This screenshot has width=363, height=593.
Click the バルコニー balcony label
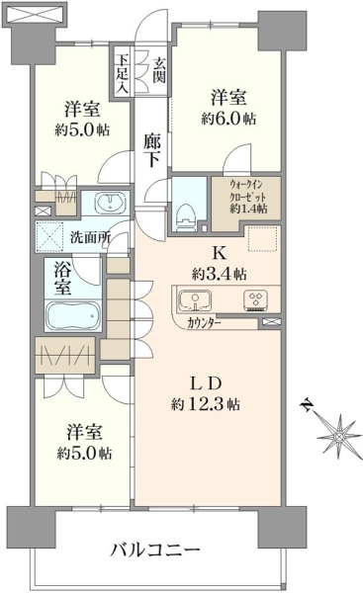point(155,550)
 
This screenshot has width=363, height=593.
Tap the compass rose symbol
point(339,437)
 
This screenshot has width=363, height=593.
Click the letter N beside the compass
point(308,405)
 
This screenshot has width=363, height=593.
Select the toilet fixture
point(186,217)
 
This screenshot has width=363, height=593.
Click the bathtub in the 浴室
point(73,316)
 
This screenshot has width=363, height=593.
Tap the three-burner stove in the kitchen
point(256,299)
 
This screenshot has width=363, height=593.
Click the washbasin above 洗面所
point(110,203)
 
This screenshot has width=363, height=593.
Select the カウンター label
point(204,323)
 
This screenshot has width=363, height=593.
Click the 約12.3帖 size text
point(205,405)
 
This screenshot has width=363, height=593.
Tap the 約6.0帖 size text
point(228,120)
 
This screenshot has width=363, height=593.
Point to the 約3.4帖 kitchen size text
point(220,274)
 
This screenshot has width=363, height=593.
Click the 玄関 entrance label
point(159,70)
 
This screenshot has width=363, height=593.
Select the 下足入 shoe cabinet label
point(122,74)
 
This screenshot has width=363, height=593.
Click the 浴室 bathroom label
point(62,279)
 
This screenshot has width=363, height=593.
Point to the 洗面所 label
point(90,238)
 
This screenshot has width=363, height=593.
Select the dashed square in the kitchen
point(264,239)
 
